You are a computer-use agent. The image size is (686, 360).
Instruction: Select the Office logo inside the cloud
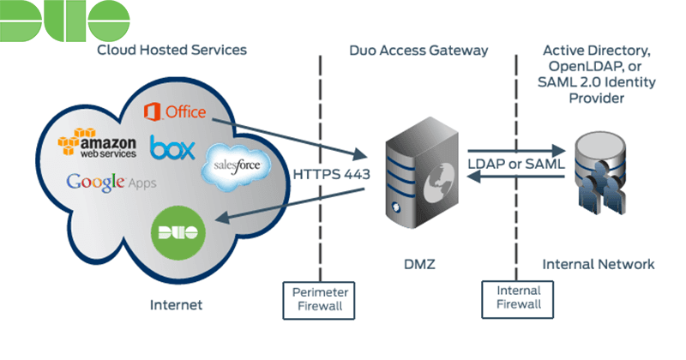pos(175,111)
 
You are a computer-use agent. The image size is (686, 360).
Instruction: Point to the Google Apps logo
pos(111,183)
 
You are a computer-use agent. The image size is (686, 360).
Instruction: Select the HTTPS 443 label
pos(328,173)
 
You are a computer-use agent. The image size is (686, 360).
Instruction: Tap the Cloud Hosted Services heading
pos(171,50)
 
